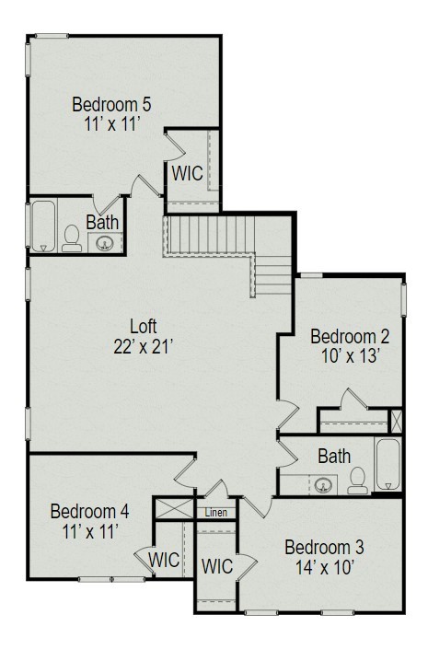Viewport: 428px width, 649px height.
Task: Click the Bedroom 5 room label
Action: (x=111, y=104)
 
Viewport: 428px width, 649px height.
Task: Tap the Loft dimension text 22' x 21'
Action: (x=143, y=347)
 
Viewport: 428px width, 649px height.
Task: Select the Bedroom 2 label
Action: (x=350, y=337)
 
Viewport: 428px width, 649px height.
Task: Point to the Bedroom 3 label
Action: (x=324, y=547)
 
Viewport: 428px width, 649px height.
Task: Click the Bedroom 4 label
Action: (x=90, y=512)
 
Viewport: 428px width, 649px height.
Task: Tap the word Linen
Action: (x=216, y=513)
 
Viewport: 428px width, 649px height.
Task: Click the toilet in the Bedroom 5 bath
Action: (x=72, y=238)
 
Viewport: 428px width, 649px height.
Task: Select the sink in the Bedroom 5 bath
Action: (x=103, y=243)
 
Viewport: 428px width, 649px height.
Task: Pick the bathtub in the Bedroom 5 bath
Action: (x=43, y=226)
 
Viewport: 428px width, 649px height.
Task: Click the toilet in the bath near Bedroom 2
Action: (x=358, y=481)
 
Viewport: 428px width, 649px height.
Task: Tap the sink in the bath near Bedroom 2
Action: (x=323, y=485)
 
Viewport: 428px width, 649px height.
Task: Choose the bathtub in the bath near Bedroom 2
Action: (x=388, y=464)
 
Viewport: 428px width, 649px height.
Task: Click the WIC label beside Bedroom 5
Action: (x=188, y=173)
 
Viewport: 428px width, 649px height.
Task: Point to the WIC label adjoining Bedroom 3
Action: (x=217, y=566)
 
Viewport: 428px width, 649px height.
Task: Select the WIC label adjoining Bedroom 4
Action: (x=164, y=561)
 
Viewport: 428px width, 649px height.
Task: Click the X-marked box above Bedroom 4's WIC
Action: (x=174, y=509)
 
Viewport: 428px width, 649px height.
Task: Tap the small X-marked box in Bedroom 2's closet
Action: (x=396, y=421)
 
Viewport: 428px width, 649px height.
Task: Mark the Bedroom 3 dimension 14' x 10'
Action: (x=325, y=567)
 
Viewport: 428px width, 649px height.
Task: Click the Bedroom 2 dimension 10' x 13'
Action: (x=350, y=356)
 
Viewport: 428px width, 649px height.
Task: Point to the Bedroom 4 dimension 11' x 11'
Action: (x=90, y=531)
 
